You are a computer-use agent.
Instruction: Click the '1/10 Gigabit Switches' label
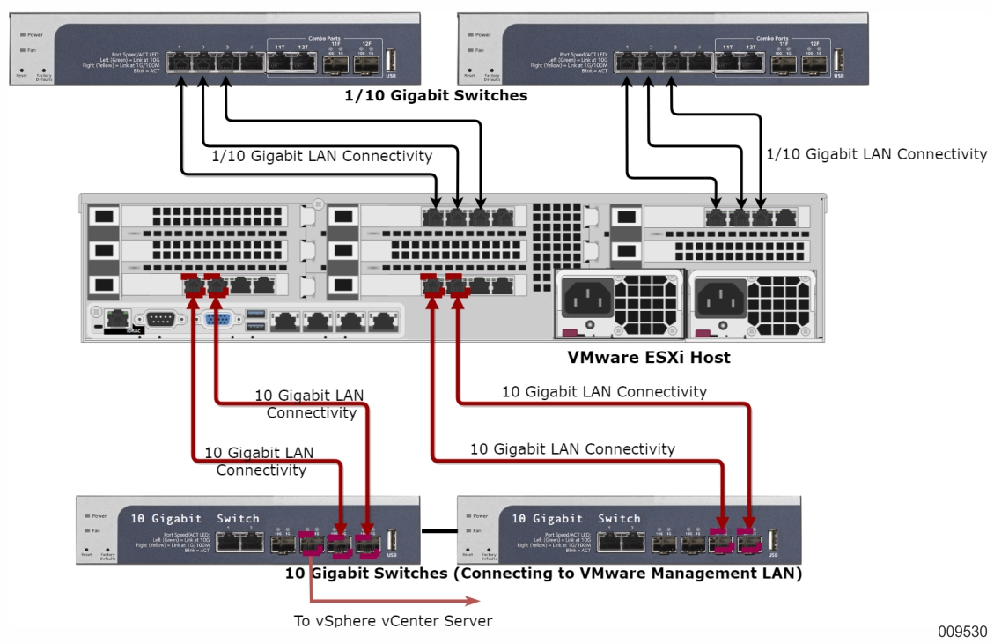tap(436, 95)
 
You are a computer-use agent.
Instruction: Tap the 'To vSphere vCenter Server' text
tap(393, 620)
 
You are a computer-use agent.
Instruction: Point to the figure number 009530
tap(961, 632)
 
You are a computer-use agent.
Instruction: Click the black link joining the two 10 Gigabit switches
tap(439, 530)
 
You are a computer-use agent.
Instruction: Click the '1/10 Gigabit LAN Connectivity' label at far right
tap(876, 154)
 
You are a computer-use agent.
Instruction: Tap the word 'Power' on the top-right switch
tap(480, 34)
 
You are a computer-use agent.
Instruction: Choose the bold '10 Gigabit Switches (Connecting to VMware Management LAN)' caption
tap(543, 574)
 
